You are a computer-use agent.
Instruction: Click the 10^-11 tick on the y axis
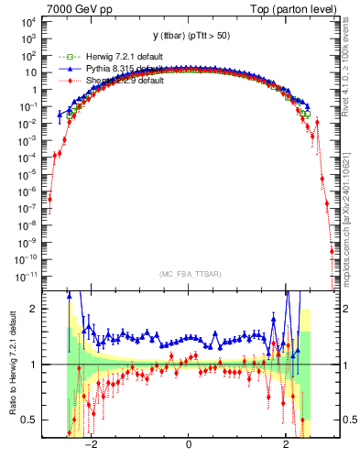click(x=26, y=275)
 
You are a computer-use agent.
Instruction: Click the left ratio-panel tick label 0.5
click(x=31, y=420)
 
